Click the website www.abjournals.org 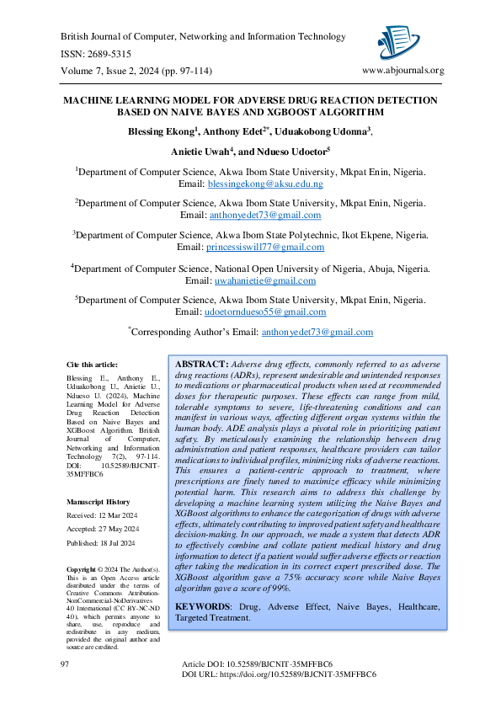(x=402, y=71)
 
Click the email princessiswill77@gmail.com (x=264, y=247)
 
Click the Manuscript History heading (x=98, y=501)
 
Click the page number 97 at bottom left (x=65, y=665)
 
